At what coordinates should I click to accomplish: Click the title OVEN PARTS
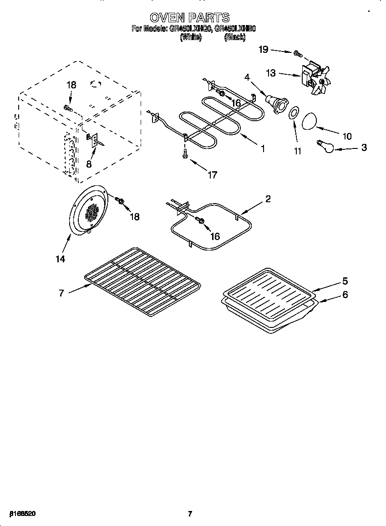(190, 18)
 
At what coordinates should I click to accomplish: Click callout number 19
(264, 50)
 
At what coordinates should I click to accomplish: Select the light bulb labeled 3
(325, 147)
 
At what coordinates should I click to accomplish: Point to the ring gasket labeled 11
(294, 112)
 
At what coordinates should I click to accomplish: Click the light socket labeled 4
(274, 102)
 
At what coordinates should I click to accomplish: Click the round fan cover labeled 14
(90, 211)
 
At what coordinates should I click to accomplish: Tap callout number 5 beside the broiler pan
(345, 281)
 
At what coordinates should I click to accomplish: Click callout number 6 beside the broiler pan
(345, 295)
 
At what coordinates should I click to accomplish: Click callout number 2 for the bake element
(268, 199)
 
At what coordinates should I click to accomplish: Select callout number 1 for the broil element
(262, 148)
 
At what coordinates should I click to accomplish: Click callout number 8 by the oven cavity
(89, 164)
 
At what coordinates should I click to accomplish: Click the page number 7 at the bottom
(190, 514)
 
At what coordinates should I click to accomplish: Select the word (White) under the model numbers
(191, 38)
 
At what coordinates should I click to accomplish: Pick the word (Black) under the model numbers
(234, 38)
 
